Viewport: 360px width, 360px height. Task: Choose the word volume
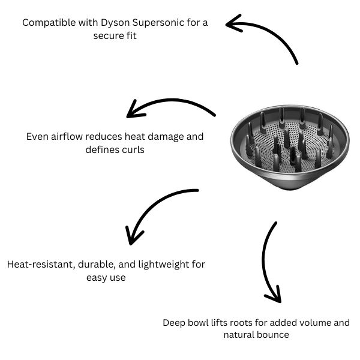pyautogui.click(x=306, y=323)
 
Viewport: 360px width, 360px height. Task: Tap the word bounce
pyautogui.click(x=274, y=335)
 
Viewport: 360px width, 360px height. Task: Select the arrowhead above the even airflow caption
pyautogui.click(x=133, y=112)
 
